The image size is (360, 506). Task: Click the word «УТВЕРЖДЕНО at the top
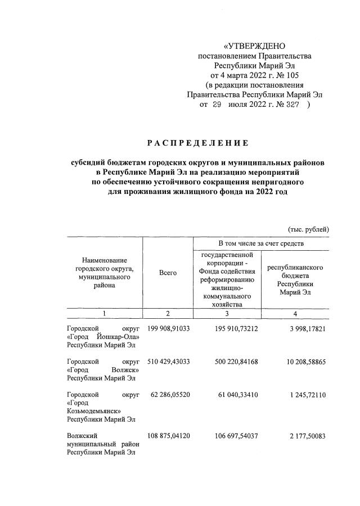(255, 46)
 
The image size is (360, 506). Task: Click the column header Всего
(168, 273)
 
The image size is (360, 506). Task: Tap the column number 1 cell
(103, 313)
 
